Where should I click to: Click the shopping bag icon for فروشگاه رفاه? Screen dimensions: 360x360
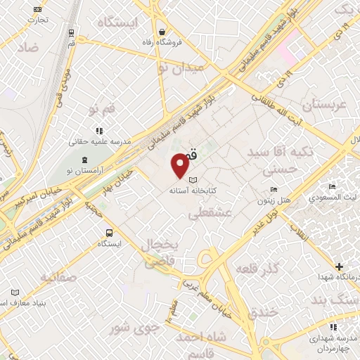[x=162, y=32]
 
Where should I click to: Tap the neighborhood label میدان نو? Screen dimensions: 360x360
[x=180, y=68]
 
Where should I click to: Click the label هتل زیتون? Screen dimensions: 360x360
[x=274, y=200]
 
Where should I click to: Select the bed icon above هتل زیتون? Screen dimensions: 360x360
[x=274, y=190]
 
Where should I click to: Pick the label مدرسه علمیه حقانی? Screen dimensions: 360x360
[x=98, y=141]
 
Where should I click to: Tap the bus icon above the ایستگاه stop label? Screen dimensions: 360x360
[x=110, y=233]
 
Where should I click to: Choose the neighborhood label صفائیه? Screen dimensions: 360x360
[x=58, y=277]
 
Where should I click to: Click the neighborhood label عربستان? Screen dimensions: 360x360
[x=325, y=105]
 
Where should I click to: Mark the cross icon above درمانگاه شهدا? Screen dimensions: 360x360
[x=340, y=266]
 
